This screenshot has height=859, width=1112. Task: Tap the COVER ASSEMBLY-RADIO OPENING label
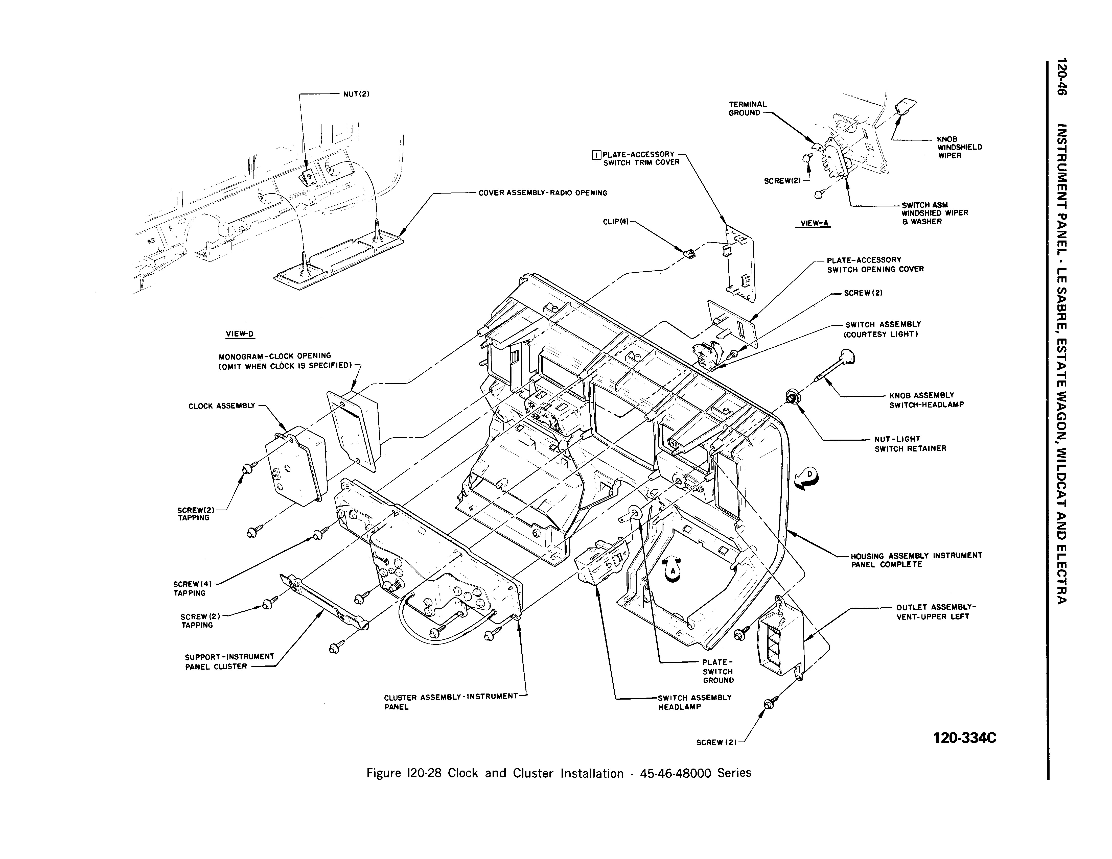[x=543, y=193]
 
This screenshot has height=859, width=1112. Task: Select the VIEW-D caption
[x=240, y=334]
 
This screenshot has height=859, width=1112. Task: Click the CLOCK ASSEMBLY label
[x=221, y=406]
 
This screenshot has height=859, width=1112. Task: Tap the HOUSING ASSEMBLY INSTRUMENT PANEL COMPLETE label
[x=916, y=560]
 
